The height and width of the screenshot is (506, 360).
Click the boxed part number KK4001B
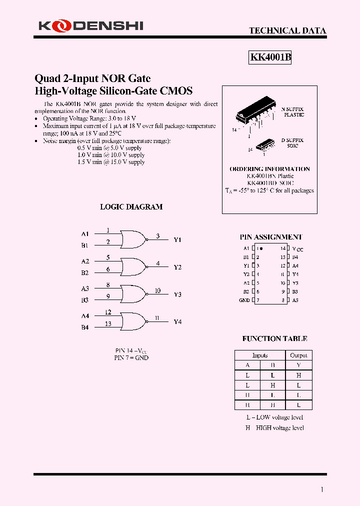point(270,57)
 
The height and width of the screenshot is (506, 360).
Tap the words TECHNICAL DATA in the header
point(287,30)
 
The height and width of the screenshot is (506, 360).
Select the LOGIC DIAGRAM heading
point(131,206)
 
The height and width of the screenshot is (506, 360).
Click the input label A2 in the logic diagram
point(85,261)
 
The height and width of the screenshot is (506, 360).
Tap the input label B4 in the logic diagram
point(85,327)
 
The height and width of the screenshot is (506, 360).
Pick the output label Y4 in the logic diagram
point(177,321)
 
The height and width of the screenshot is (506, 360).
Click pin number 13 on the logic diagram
point(108,324)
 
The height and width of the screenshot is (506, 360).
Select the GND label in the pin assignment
point(244,300)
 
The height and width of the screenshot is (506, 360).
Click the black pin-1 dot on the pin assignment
point(262,248)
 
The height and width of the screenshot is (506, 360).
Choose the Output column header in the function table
point(298,355)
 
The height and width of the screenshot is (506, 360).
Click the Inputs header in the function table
point(260,355)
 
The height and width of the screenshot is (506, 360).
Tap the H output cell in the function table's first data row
point(298,375)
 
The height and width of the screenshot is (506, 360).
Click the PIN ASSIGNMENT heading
point(271,237)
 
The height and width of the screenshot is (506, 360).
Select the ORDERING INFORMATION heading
point(269,169)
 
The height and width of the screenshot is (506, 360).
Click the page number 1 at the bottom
point(321,489)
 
